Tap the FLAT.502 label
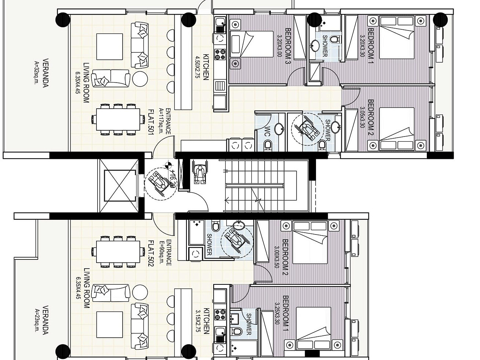click(x=150, y=253)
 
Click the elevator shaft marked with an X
click(x=118, y=185)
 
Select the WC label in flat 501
click(x=268, y=131)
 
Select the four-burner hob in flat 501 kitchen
click(x=220, y=54)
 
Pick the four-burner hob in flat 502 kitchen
click(x=220, y=314)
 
